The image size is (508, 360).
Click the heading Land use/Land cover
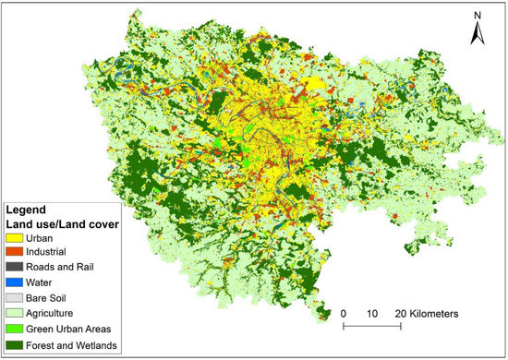pos(65,224)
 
